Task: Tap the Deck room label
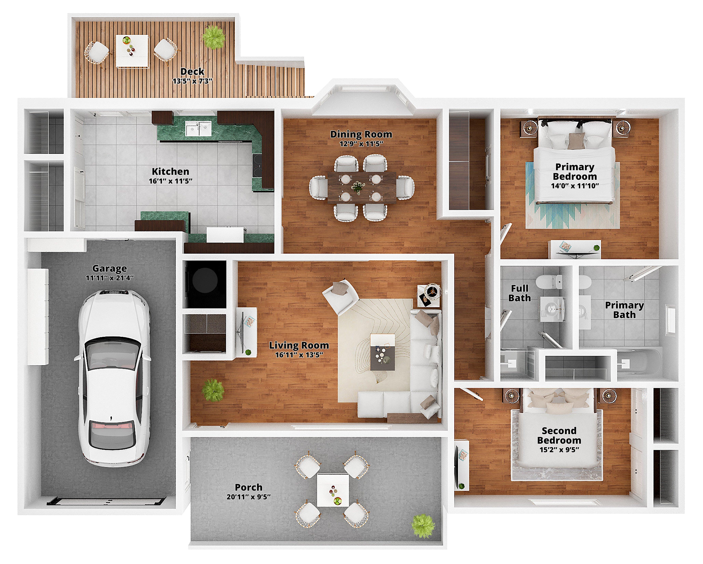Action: [x=192, y=71]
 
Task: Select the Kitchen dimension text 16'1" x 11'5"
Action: [x=170, y=181]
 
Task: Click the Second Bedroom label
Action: [x=559, y=435]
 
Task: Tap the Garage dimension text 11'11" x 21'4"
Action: [x=109, y=278]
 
